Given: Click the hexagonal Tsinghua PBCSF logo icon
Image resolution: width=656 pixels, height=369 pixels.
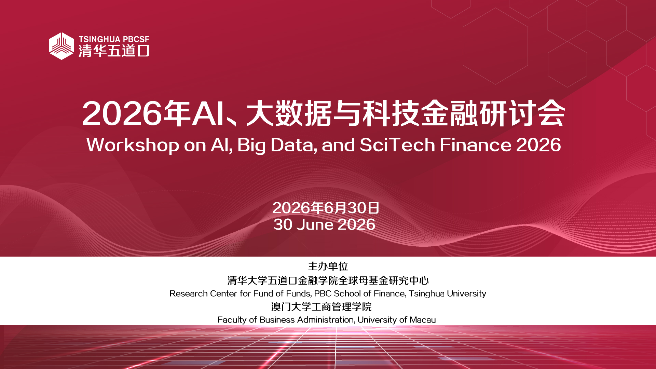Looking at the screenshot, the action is tap(61, 46).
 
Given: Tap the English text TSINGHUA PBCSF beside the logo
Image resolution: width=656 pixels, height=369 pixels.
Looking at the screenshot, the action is tap(114, 39).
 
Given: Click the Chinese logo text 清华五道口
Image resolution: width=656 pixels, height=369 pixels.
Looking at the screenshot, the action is tap(114, 51).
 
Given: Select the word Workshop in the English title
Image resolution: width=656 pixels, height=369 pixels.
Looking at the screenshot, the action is tap(133, 145).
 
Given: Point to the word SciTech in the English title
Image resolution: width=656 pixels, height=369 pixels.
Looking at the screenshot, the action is tap(397, 145).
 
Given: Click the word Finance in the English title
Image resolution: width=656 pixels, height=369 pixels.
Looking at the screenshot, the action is tap(476, 145).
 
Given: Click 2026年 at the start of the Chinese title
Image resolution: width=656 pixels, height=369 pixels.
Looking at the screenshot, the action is tap(136, 113).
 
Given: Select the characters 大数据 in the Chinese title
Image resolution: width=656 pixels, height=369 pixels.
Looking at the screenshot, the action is tap(289, 113).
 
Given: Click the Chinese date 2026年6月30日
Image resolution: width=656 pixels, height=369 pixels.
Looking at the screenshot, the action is tap(326, 208).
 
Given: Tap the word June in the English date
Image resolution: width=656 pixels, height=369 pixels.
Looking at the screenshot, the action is tap(315, 224).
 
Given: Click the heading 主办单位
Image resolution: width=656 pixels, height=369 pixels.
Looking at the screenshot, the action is tap(328, 266).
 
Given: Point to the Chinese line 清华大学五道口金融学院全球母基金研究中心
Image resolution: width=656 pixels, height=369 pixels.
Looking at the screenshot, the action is tap(328, 281).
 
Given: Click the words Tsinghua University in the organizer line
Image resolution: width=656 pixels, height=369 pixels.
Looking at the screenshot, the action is tap(447, 294).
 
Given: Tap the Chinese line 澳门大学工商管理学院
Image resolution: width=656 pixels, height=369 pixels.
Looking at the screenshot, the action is tap(321, 307).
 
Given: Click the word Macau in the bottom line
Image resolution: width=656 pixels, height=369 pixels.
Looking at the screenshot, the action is tap(423, 320).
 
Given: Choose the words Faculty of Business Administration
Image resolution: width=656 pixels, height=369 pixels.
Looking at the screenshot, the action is tap(286, 320).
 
